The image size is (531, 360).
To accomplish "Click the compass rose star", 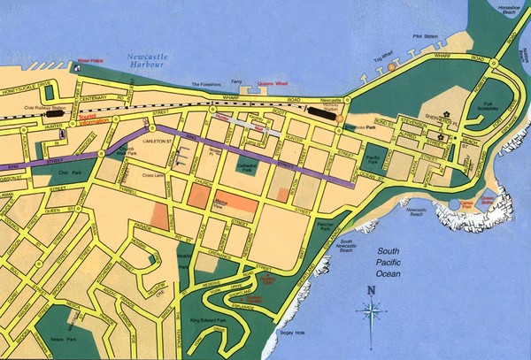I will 370,310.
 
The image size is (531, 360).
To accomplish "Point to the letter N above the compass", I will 370,289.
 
